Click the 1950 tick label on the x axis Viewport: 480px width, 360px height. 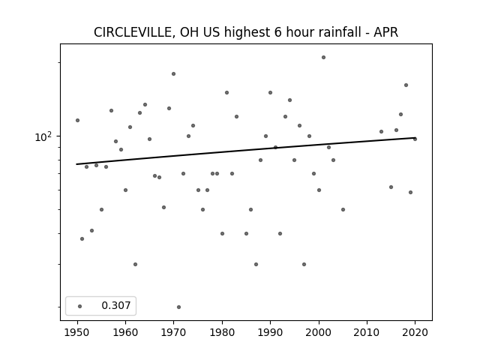77,332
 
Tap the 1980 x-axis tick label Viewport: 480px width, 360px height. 222,332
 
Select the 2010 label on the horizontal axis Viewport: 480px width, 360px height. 367,332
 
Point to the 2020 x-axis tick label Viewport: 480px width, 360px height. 415,332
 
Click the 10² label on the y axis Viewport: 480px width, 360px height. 43,136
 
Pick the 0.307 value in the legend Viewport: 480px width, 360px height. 116,305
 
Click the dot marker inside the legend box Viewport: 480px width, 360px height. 80,306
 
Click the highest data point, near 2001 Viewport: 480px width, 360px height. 323,57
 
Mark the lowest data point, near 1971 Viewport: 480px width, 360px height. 178,307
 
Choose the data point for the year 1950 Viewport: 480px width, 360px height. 77,120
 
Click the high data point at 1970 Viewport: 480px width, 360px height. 173,73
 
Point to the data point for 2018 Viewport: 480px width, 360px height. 406,85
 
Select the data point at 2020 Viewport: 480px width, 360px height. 415,139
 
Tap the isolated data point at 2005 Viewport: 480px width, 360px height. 343,210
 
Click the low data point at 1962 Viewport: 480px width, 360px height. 135,264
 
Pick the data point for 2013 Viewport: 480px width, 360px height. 382,132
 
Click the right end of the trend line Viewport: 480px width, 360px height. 415,138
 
